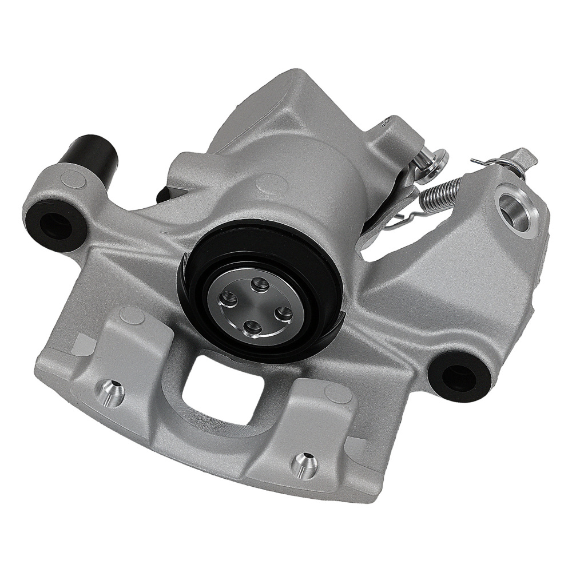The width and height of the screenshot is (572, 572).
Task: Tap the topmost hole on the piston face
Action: (261, 284)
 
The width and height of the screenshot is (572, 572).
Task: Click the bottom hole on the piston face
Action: (250, 327)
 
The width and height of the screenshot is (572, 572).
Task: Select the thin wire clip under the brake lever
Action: (400, 218)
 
